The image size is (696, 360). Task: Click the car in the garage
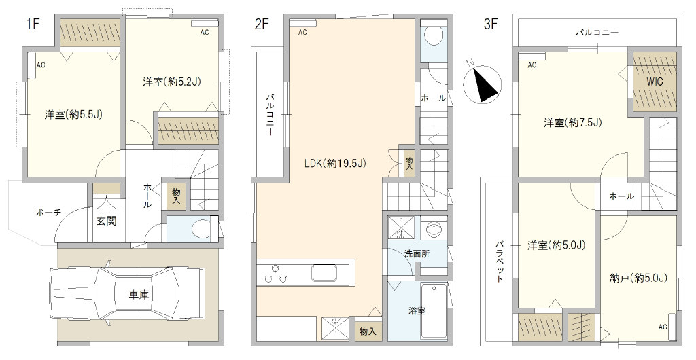[127, 294]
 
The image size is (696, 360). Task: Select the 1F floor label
[33, 24]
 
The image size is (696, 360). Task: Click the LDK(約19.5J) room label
[334, 164]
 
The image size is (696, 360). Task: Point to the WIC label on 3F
[655, 82]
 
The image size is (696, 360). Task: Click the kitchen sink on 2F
[326, 272]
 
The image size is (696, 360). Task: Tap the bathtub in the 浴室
[434, 311]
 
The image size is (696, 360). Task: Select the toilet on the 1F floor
[204, 229]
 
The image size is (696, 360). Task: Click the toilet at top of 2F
[432, 35]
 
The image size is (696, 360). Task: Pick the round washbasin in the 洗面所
[433, 229]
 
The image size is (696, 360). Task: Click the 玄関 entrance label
[106, 220]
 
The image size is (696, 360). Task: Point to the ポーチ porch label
[48, 213]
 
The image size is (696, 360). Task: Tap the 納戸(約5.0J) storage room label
[639, 278]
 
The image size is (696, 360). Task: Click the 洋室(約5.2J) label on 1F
[172, 81]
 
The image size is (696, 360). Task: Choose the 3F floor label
[490, 24]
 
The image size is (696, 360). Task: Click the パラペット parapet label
[500, 261]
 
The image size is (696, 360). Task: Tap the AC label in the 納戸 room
[663, 327]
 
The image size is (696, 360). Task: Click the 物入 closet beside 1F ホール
[177, 196]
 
